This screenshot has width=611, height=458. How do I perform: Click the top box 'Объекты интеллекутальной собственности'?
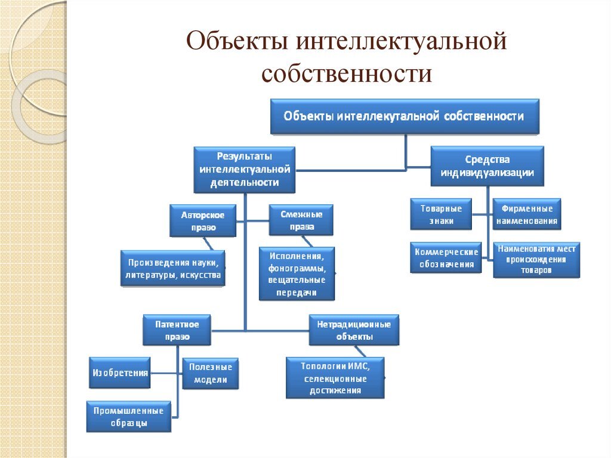pyautogui.click(x=405, y=116)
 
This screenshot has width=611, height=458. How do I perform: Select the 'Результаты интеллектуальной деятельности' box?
pyautogui.click(x=245, y=170)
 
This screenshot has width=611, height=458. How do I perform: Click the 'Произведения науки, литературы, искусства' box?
pyautogui.click(x=173, y=268)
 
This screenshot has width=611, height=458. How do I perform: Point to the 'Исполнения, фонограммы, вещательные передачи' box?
pyautogui.click(x=297, y=273)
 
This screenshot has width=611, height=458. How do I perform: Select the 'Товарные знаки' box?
pyautogui.click(x=441, y=214)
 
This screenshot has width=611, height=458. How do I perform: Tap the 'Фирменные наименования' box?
pyautogui.click(x=527, y=214)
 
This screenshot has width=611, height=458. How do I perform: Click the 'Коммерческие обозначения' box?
pyautogui.click(x=446, y=257)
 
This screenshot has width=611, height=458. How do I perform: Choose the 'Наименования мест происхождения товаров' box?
pyautogui.click(x=536, y=259)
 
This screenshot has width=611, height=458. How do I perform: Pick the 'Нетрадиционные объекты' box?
pyautogui.click(x=354, y=330)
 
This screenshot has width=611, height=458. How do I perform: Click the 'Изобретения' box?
pyautogui.click(x=119, y=373)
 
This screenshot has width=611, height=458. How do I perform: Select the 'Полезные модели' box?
pyautogui.click(x=209, y=374)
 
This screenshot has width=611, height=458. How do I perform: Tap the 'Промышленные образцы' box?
pyautogui.click(x=128, y=416)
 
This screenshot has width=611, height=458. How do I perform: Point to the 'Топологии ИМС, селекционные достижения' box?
pyautogui.click(x=335, y=377)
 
